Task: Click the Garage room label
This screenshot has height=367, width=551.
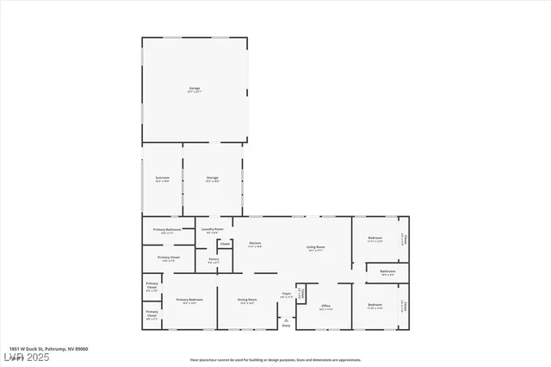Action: pyautogui.click(x=195, y=90)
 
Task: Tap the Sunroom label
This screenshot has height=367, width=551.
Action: pyautogui.click(x=162, y=179)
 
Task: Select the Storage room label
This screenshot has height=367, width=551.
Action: pyautogui.click(x=212, y=179)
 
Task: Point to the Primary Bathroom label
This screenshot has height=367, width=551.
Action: pyautogui.click(x=167, y=230)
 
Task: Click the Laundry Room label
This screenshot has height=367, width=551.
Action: pyautogui.click(x=214, y=230)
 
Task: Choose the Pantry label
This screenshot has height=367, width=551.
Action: pyautogui.click(x=214, y=260)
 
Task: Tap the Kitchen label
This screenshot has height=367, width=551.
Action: pyautogui.click(x=255, y=245)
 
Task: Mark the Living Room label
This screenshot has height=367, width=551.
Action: pyautogui.click(x=315, y=249)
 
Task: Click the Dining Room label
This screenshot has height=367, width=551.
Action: pyautogui.click(x=248, y=301)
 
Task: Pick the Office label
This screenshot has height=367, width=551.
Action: pyautogui.click(x=325, y=307)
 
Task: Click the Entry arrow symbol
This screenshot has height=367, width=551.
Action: pyautogui.click(x=286, y=318)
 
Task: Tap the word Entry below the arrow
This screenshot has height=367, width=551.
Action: pyautogui.click(x=286, y=326)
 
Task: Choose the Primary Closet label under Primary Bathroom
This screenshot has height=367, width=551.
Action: pyautogui.click(x=168, y=258)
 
